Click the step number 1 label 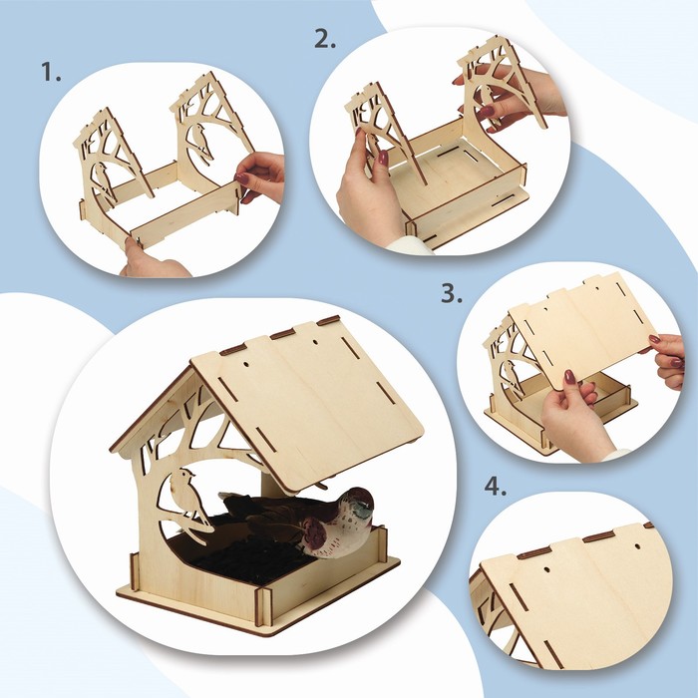pyautogui.click(x=51, y=72)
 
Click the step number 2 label pyautogui.click(x=325, y=39)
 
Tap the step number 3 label pyautogui.click(x=452, y=294)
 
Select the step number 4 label pyautogui.click(x=496, y=487)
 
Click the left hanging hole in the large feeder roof pyautogui.click(x=246, y=364)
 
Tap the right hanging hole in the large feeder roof pyautogui.click(x=315, y=343)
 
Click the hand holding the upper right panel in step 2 pyautogui.click(x=512, y=98)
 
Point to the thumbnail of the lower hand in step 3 pyautogui.click(x=570, y=377)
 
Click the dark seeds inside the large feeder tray pyautogui.click(x=240, y=552)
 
